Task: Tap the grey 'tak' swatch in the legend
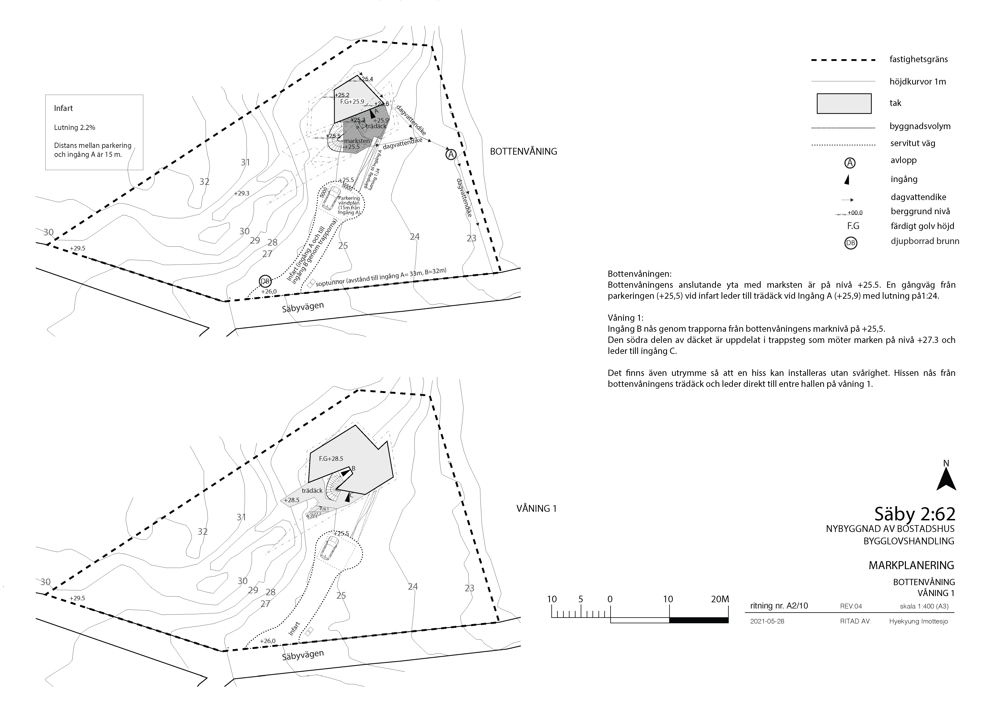tap(844, 104)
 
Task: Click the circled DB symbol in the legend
tap(850, 243)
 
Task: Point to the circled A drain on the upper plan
tap(451, 154)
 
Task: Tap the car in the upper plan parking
tap(332, 198)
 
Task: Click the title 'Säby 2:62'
tap(914, 514)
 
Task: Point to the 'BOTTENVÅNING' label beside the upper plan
tap(523, 151)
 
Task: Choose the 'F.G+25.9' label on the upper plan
tap(352, 102)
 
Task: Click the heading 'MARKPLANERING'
tap(911, 565)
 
